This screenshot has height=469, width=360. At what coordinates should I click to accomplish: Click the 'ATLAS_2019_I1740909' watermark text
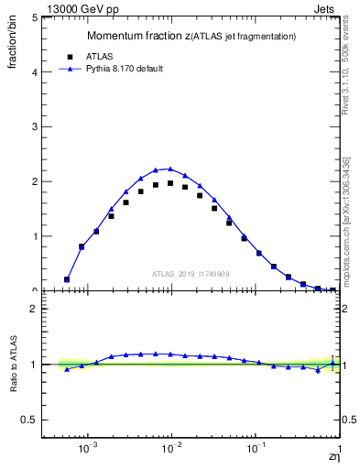pyautogui.click(x=191, y=273)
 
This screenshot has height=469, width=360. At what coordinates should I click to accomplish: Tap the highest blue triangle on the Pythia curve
pyautogui.click(x=170, y=169)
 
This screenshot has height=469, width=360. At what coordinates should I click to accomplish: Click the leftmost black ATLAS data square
pyautogui.click(x=66, y=279)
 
